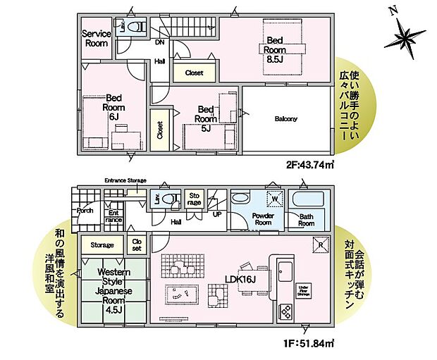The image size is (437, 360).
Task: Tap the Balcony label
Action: tap(285, 119)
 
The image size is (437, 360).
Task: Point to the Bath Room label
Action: tap(306, 219)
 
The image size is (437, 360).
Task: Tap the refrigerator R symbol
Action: tap(319, 244)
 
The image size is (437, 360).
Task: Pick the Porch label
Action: tap(85, 209)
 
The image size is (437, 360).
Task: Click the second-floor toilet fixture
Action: tap(139, 27)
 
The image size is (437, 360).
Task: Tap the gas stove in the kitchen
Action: tap(285, 311)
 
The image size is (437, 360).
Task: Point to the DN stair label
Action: tap(160, 42)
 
